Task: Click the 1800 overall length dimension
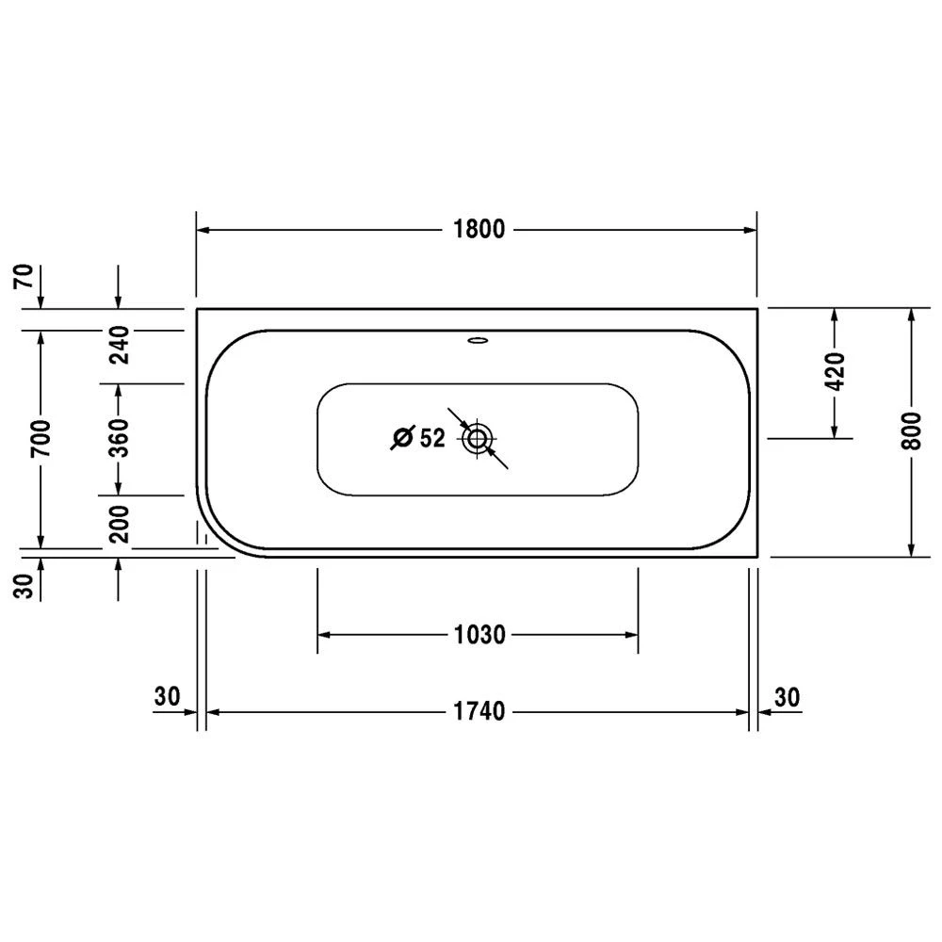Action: click(478, 229)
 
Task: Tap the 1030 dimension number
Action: click(478, 634)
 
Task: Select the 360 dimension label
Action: click(118, 439)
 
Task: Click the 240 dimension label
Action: click(118, 345)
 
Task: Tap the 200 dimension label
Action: click(118, 524)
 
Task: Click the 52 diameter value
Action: click(431, 438)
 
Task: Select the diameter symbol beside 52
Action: click(403, 438)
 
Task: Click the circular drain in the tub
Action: click(478, 438)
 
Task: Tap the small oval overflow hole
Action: click(478, 340)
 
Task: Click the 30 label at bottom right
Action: click(787, 697)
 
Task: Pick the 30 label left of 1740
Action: click(167, 697)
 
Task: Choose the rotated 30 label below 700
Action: click(25, 585)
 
